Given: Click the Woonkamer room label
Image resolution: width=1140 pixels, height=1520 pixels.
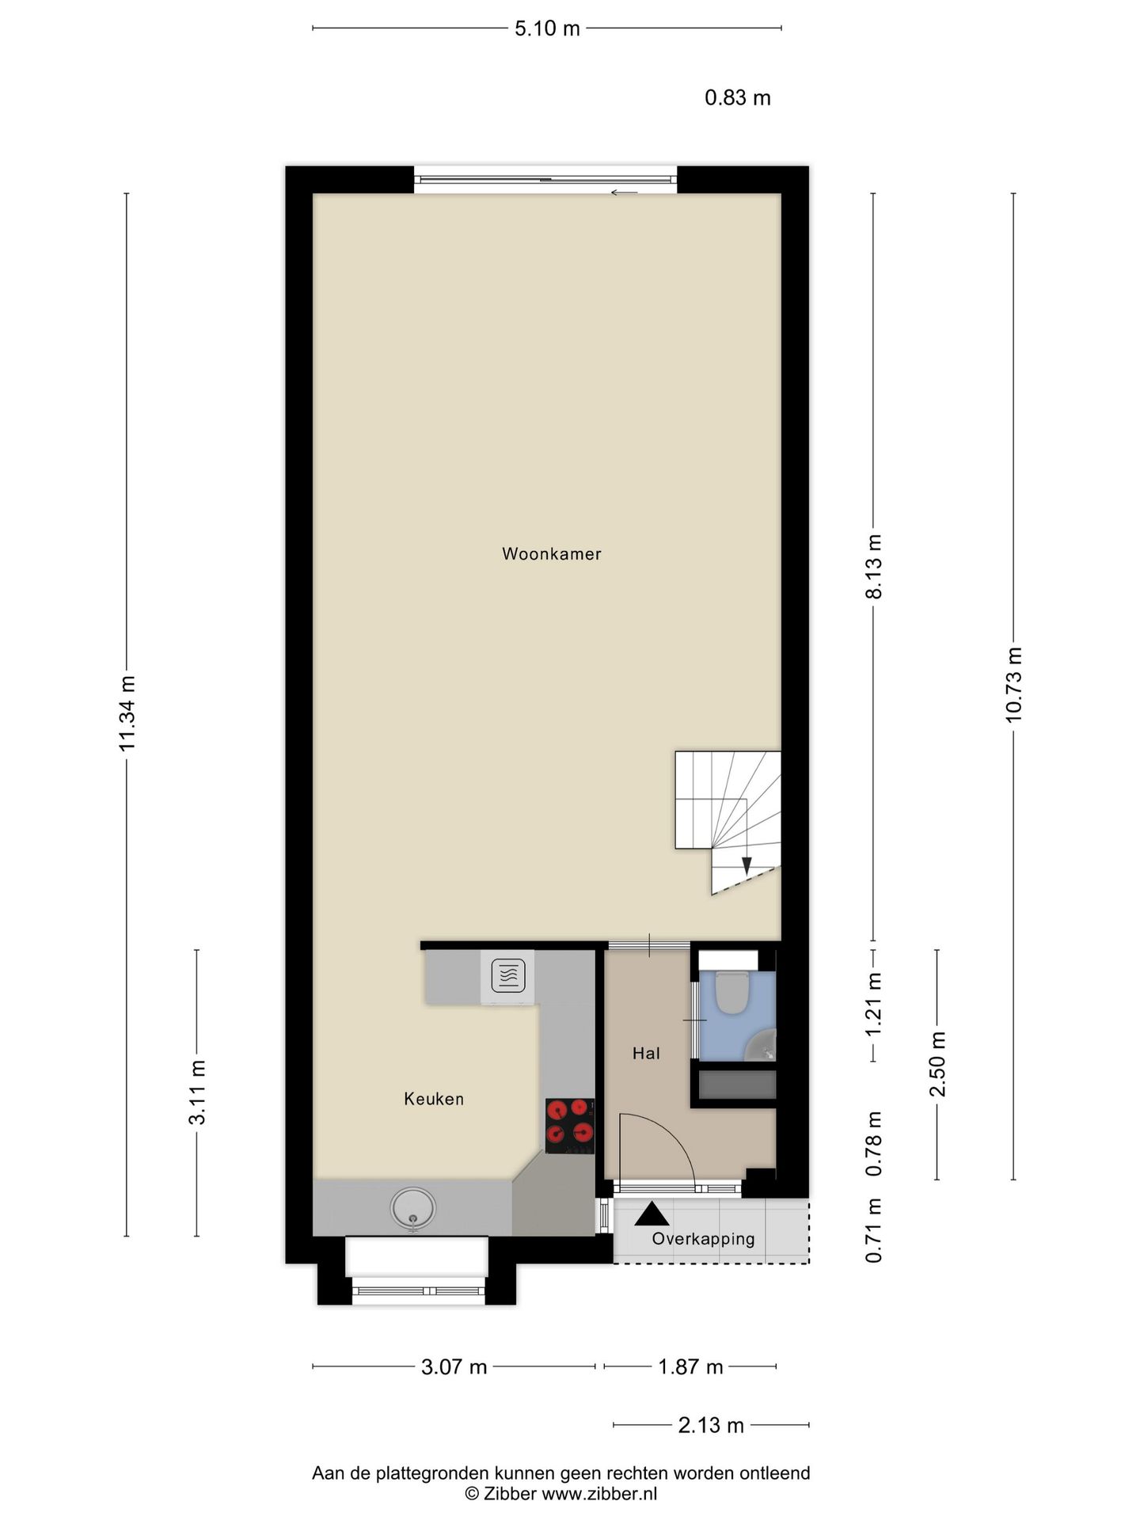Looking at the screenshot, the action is (552, 554).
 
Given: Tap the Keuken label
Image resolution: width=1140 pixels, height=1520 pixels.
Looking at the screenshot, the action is (434, 1099).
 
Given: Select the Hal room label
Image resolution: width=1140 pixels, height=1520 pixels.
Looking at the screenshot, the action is (646, 1053).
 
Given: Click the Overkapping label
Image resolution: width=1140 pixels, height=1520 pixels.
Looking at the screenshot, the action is (703, 1239).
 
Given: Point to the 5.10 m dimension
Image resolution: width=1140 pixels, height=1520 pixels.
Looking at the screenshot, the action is (547, 29).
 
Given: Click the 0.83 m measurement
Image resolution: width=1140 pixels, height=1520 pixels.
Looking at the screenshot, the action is (738, 98).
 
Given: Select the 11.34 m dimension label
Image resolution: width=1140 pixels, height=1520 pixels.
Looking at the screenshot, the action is (127, 713).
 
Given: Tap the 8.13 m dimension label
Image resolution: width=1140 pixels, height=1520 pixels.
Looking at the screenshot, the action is (874, 567).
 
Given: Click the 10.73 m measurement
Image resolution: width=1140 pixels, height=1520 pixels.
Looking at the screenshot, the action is (1013, 684).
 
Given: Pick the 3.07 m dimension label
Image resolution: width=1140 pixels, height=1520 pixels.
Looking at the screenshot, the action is (454, 1366).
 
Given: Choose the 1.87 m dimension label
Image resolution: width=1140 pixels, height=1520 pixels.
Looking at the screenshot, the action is (690, 1366).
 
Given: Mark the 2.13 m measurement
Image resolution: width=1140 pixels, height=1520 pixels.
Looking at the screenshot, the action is (711, 1426).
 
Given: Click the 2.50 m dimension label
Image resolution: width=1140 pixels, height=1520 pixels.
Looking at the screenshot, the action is (937, 1064).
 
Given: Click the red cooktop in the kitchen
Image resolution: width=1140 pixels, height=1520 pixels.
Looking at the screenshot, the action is (570, 1126).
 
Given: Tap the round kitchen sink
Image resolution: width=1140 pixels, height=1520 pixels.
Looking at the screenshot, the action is (412, 1209).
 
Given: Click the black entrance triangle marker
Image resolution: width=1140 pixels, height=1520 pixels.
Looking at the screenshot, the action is (652, 1214).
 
